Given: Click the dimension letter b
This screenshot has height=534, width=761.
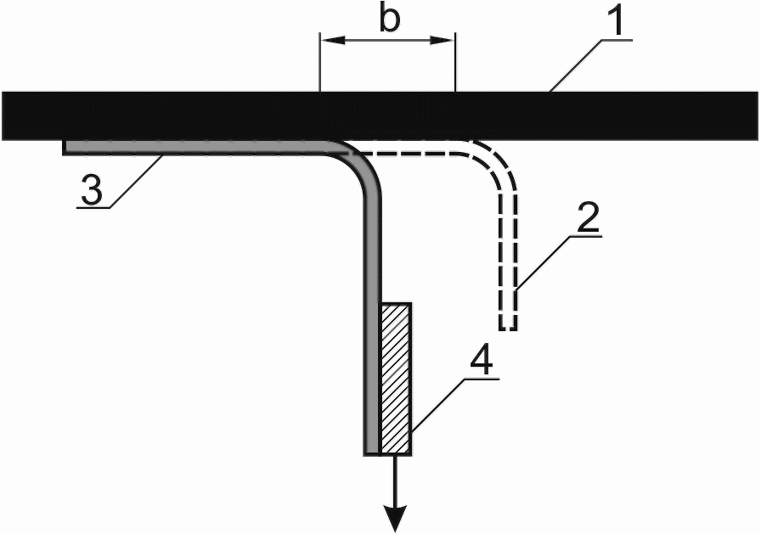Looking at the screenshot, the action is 389,20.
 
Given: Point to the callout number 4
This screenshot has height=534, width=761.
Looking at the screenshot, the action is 482,363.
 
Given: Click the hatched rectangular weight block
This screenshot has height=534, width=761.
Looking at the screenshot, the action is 397,378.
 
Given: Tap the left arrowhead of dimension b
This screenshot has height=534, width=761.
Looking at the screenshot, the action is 328,40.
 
